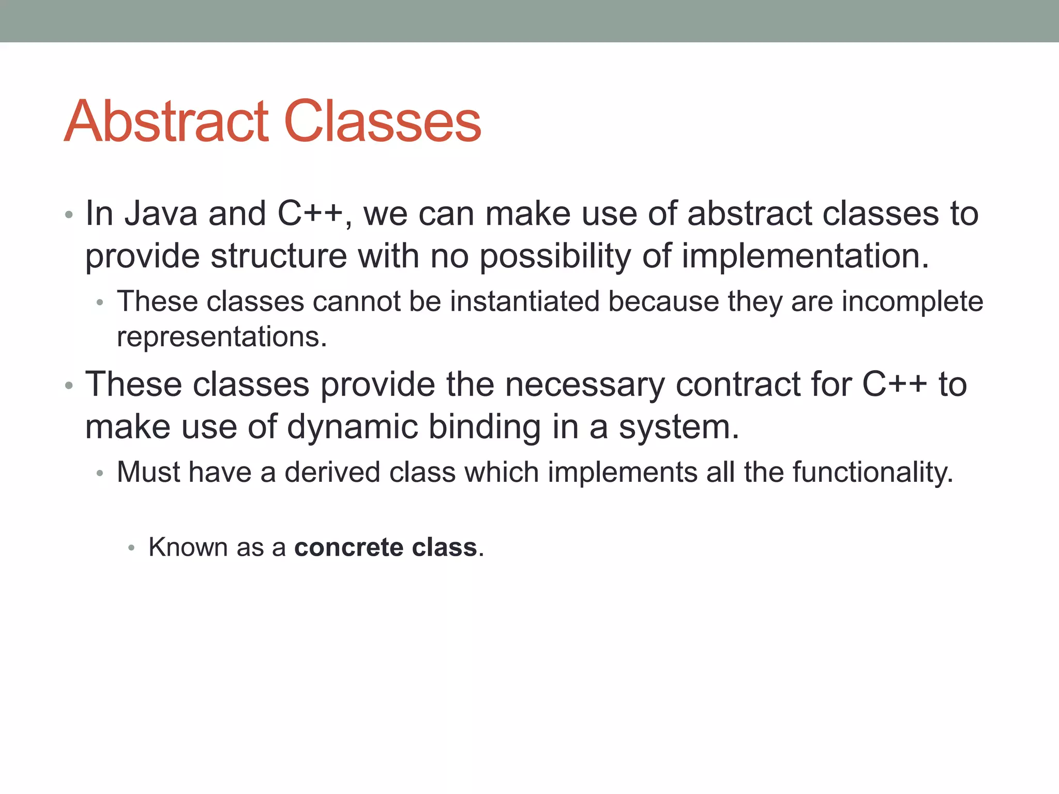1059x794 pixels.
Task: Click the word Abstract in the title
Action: pos(167,122)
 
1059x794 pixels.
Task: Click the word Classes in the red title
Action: pos(383,122)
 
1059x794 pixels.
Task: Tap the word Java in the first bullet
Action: pos(161,213)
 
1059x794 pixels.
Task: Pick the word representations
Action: pos(221,337)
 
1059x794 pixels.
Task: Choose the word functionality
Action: pos(872,472)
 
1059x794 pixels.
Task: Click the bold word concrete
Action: pos(349,547)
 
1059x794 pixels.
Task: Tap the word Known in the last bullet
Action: pos(188,547)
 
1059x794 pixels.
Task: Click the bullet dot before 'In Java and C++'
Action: pos(69,215)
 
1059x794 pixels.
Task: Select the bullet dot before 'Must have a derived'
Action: pos(100,473)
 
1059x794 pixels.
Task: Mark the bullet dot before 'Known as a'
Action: pos(131,548)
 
